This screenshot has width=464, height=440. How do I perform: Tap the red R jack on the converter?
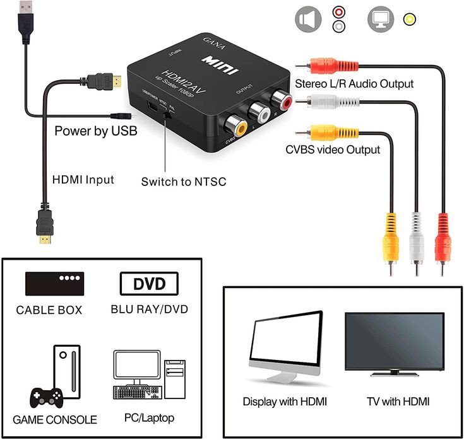tap(280, 100)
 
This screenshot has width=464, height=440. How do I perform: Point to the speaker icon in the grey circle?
tap(307, 20)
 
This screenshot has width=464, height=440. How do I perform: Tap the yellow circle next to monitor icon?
tap(410, 19)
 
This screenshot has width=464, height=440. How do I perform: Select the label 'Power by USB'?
tap(95, 131)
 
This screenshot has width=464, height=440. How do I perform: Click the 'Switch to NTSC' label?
tap(183, 182)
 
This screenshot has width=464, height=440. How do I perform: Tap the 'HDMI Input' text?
tap(83, 180)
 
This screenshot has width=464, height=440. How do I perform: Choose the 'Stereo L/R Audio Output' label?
tap(354, 83)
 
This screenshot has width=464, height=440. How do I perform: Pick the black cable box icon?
tap(54, 284)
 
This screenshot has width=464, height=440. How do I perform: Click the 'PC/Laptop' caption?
tap(149, 418)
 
